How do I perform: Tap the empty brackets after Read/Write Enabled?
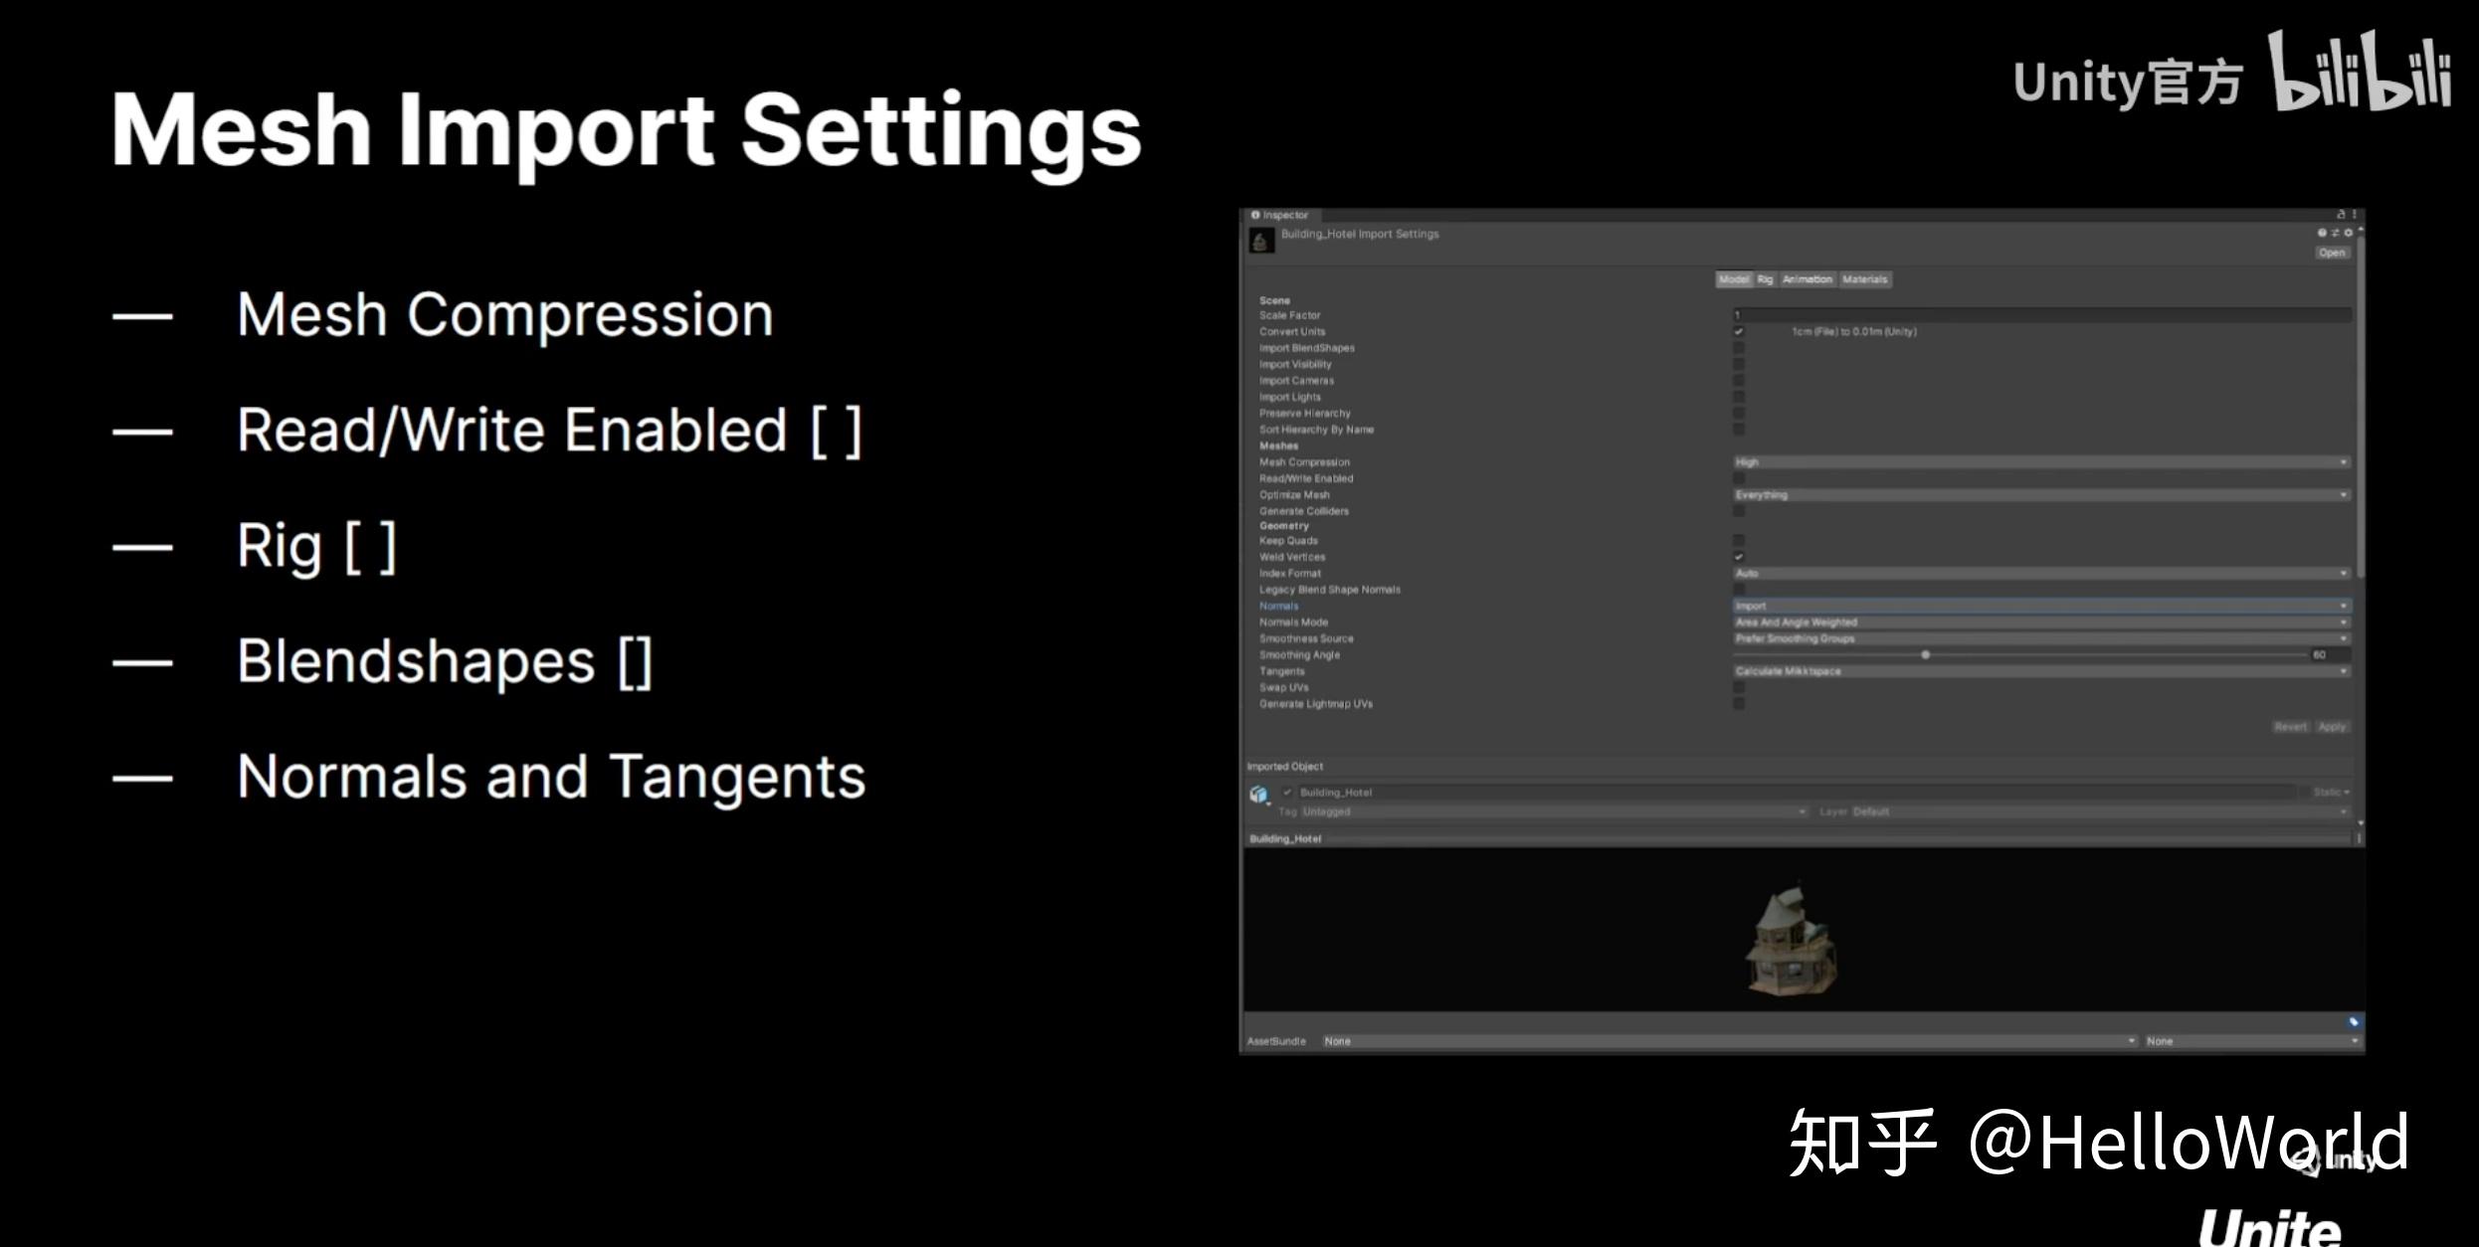point(836,432)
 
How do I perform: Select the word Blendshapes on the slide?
point(416,661)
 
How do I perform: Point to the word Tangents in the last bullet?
point(737,777)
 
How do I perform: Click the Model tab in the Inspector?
point(1733,279)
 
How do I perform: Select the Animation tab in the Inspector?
point(1807,279)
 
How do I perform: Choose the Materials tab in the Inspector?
point(1864,279)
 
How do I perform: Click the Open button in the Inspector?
point(2332,253)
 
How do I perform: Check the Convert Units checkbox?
point(1739,332)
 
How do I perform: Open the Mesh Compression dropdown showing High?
point(2040,462)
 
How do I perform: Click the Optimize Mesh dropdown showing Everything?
point(2040,495)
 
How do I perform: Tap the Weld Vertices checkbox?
point(1739,557)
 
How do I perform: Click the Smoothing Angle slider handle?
point(1926,655)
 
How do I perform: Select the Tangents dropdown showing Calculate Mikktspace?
point(2040,671)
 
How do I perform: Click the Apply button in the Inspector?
point(2332,727)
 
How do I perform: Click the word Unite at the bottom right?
point(2269,1228)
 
